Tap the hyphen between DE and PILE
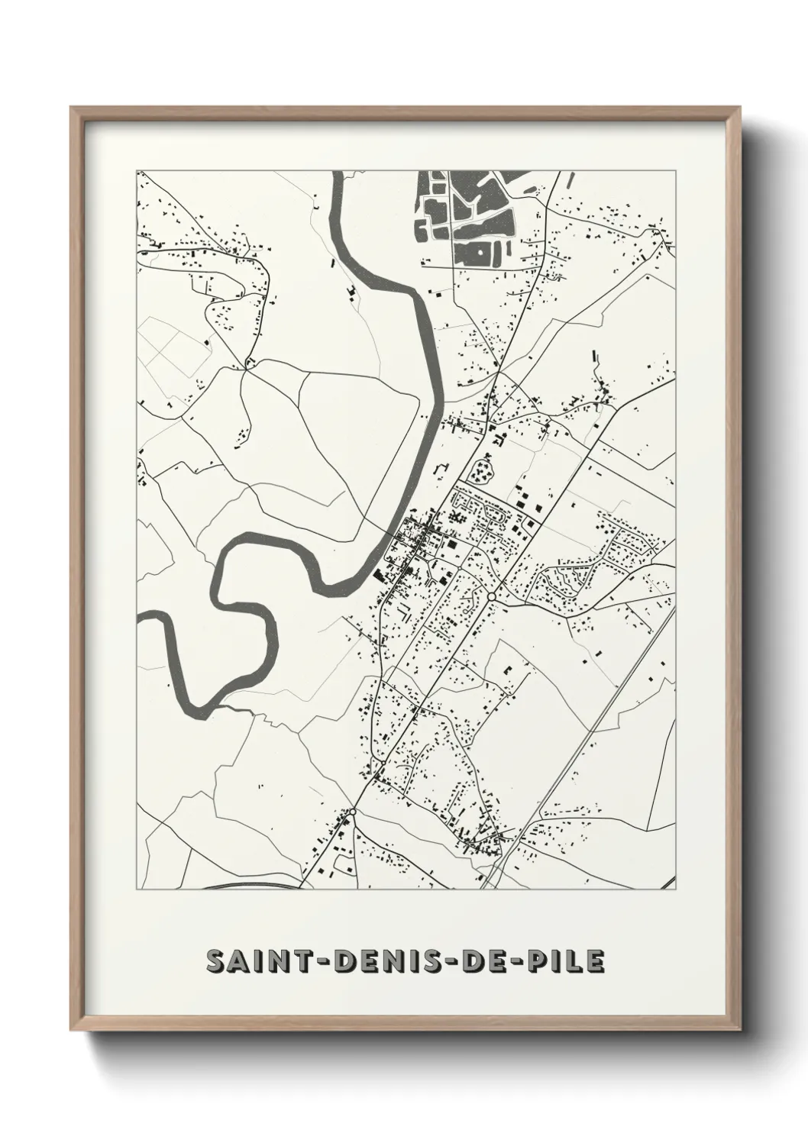click(508, 963)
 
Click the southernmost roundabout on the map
click(353, 812)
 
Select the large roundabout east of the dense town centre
click(492, 596)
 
